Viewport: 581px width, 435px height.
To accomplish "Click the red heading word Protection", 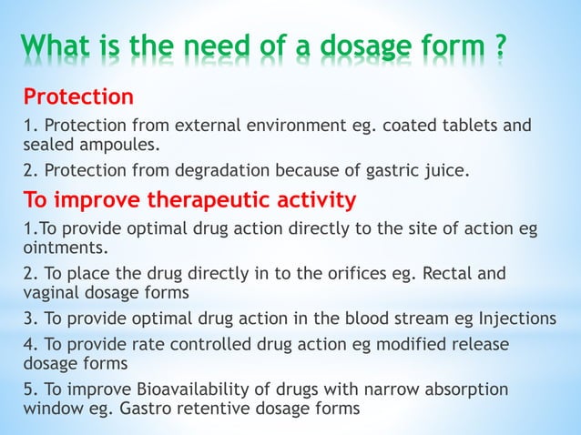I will click(x=79, y=96).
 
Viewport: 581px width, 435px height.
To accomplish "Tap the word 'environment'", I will click(x=269, y=125).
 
